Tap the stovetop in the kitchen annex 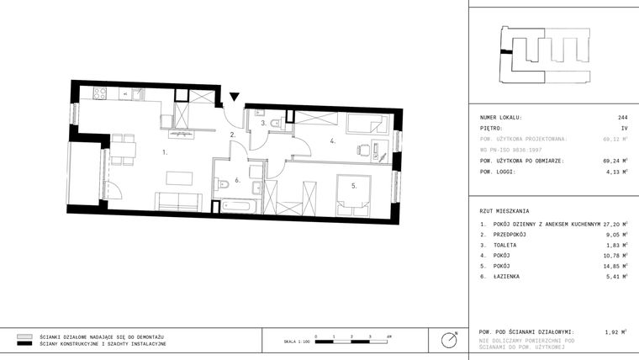click(100, 94)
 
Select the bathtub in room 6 click(239, 204)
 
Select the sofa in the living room click(177, 201)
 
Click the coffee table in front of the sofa click(178, 177)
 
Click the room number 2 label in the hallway click(232, 135)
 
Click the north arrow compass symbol click(450, 340)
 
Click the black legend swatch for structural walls click(24, 344)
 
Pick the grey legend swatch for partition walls click(24, 336)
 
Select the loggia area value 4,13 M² click(617, 172)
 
